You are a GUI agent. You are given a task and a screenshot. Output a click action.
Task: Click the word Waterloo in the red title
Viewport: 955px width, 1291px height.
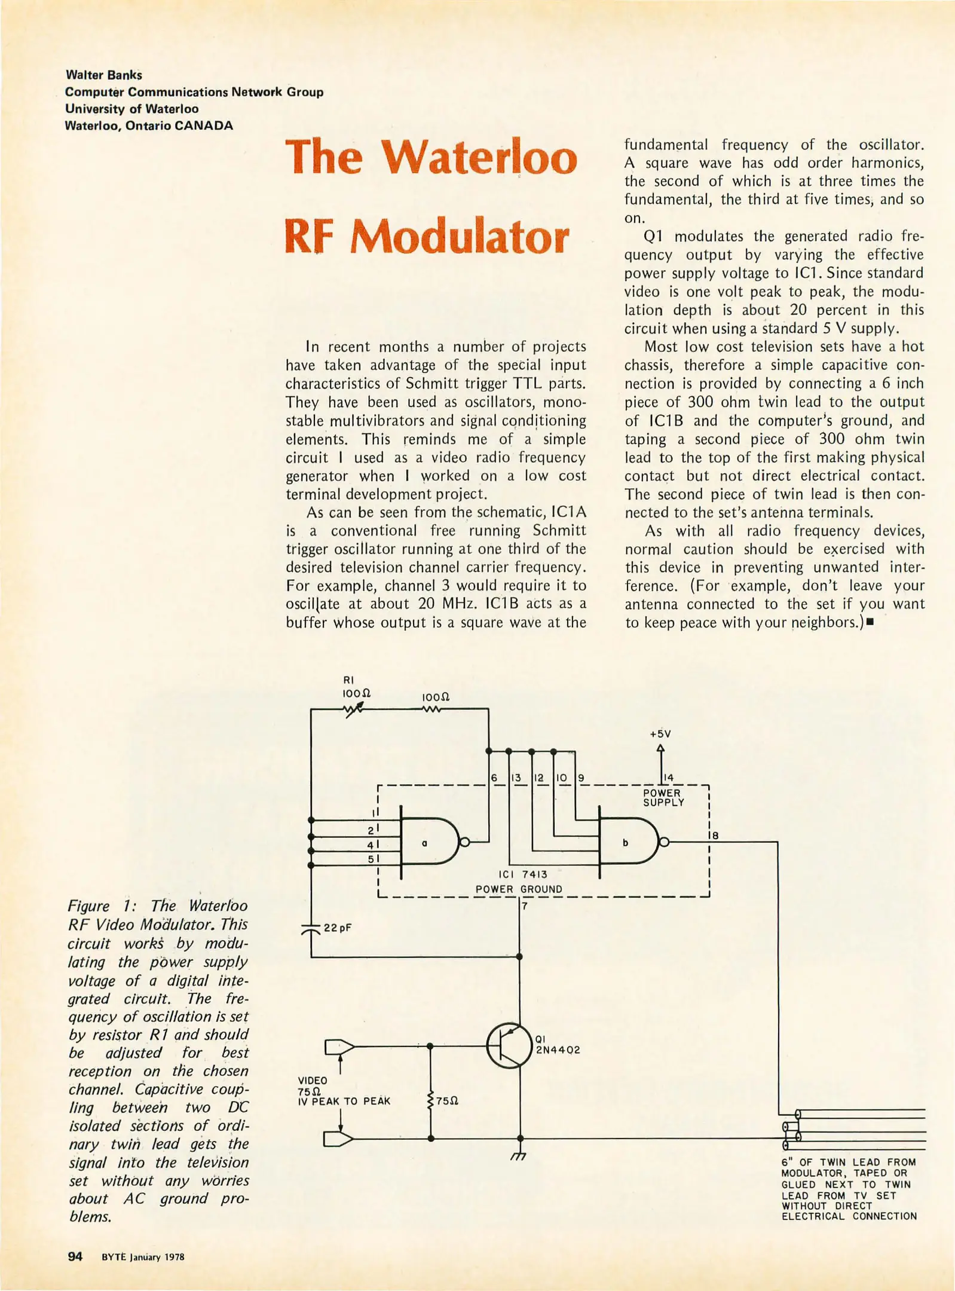coord(479,157)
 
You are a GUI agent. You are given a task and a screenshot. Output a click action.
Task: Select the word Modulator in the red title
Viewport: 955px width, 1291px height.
coord(459,237)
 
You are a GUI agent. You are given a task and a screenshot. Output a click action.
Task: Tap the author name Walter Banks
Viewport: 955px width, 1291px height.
coord(104,75)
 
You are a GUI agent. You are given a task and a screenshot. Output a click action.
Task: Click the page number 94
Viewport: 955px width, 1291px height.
coord(75,1256)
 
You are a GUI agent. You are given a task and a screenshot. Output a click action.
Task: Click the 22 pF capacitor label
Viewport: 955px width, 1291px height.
coord(337,928)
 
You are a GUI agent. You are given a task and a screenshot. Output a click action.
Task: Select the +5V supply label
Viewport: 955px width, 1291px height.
coord(660,733)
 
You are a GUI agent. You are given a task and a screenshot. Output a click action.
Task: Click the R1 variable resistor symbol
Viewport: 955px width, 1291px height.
coord(354,709)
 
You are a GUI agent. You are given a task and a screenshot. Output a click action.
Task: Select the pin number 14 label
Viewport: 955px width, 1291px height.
coord(669,777)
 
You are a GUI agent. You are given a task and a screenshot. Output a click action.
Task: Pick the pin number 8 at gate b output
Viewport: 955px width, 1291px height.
coord(715,836)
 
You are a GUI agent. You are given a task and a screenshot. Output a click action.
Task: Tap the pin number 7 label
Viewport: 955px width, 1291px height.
coord(524,906)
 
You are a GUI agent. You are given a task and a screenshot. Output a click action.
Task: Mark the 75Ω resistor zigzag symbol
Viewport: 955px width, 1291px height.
coord(430,1100)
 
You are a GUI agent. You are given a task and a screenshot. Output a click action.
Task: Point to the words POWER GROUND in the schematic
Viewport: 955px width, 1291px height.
coord(518,889)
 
